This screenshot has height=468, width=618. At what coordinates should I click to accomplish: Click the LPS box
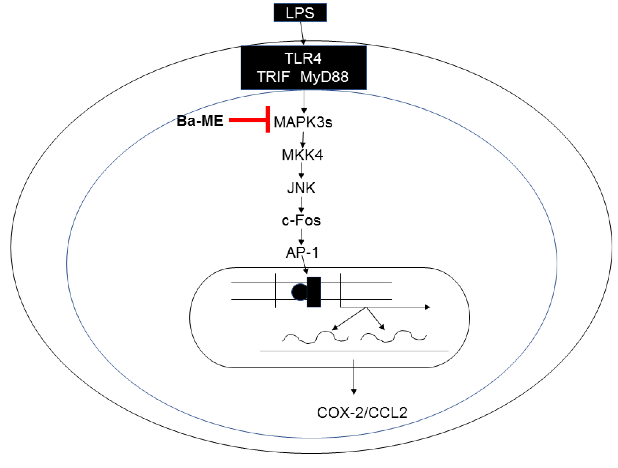click(x=300, y=13)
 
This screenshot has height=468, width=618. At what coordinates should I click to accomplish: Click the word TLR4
click(x=303, y=58)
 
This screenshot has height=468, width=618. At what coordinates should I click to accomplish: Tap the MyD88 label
click(x=324, y=77)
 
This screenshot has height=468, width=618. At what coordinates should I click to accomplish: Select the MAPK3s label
click(x=303, y=122)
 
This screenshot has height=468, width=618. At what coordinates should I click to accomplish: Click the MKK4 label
click(x=302, y=155)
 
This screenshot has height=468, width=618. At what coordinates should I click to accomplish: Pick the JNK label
click(x=301, y=188)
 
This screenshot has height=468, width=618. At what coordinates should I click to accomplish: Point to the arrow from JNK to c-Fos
click(x=301, y=205)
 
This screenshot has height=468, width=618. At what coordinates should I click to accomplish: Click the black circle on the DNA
click(x=299, y=292)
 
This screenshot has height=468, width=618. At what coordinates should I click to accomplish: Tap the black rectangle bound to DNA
click(x=314, y=292)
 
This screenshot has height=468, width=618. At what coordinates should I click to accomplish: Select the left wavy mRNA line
click(x=315, y=337)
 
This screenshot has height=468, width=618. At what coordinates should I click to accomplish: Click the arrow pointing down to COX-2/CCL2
click(x=354, y=377)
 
